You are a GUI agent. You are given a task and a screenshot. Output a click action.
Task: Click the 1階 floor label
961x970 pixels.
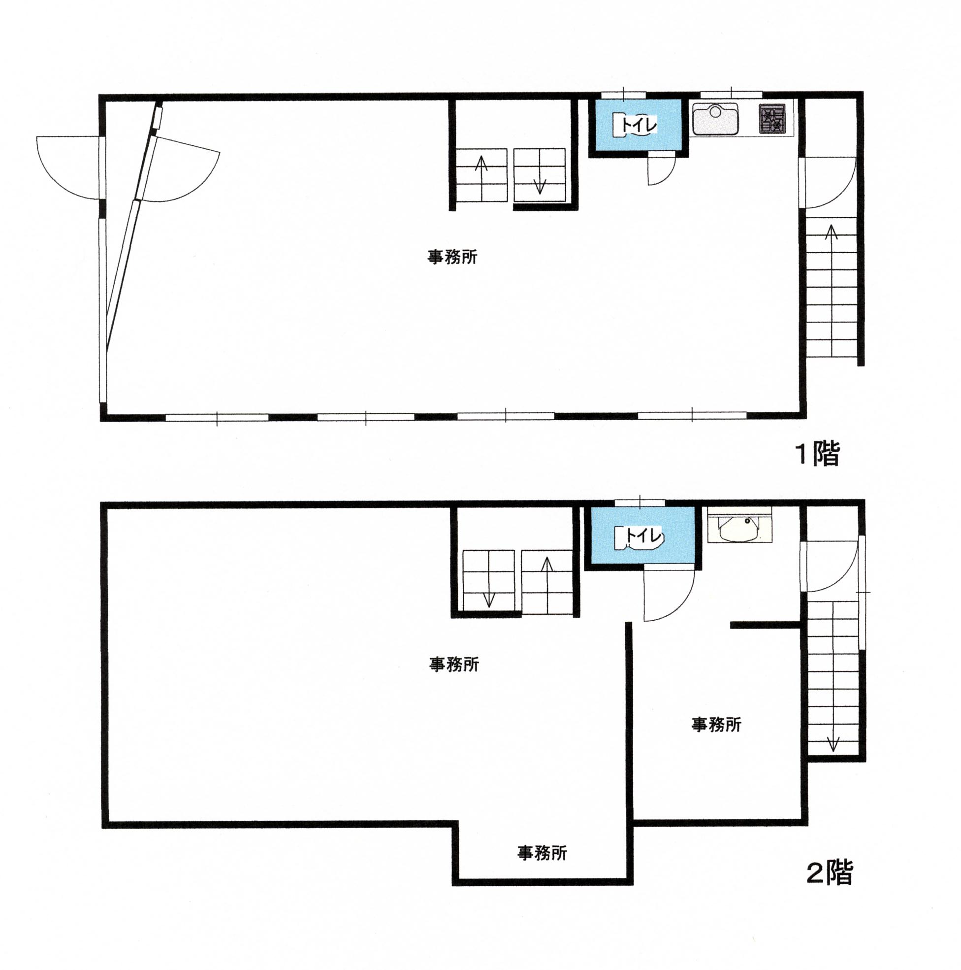[x=817, y=454]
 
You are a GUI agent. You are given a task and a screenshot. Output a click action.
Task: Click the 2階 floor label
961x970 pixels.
[x=829, y=872]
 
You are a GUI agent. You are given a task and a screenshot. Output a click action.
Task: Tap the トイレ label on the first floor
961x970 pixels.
[x=639, y=125]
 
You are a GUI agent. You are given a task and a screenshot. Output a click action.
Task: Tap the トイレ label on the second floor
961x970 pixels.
[x=644, y=536]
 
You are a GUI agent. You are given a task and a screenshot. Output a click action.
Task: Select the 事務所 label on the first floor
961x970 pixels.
[x=452, y=257]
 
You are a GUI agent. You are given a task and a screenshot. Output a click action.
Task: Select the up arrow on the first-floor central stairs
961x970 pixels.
[x=482, y=178]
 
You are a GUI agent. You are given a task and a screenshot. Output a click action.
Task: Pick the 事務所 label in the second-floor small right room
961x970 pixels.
[x=716, y=725]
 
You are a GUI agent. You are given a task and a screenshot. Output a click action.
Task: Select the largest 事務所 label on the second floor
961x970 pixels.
[x=453, y=665]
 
